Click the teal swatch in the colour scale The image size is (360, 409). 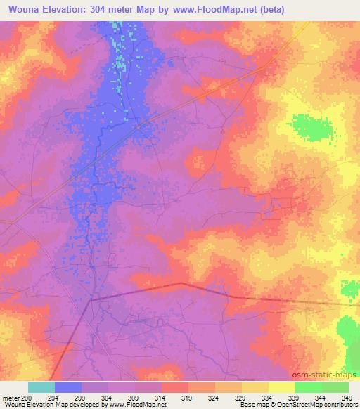tap(41, 387)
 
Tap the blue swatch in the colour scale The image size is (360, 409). tap(68, 387)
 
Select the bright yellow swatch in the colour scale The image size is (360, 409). tap(282, 387)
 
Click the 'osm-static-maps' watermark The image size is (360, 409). tap(329, 373)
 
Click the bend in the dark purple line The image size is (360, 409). tap(181, 283)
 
